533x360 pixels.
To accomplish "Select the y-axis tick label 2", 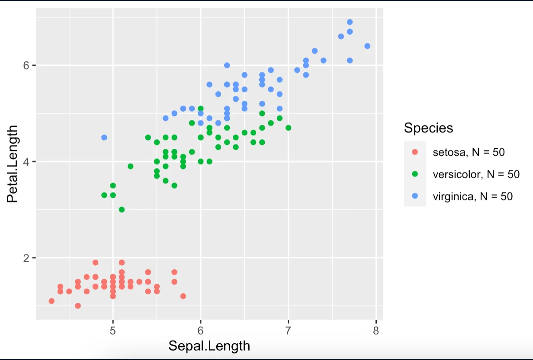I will (27, 258).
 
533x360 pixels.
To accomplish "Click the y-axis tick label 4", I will (27, 162).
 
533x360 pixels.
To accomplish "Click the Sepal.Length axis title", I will (209, 346).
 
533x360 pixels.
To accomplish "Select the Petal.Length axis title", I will (13, 164).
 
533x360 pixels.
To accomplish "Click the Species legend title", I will (428, 128).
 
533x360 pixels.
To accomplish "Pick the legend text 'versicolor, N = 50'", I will (476, 174).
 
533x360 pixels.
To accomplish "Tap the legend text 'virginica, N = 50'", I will (472, 196).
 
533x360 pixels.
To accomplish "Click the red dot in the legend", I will (415, 152).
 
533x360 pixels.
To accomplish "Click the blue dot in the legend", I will (415, 196).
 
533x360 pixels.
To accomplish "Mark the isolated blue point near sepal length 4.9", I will (104, 138).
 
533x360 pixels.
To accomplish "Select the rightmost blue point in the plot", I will (367, 46).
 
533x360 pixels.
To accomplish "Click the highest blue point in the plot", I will (350, 22).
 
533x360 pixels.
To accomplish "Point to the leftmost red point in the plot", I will (51, 301).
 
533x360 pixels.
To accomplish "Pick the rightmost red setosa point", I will (183, 296).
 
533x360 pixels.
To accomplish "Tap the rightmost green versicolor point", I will (288, 128).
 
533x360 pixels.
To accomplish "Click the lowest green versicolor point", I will (122, 209).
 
